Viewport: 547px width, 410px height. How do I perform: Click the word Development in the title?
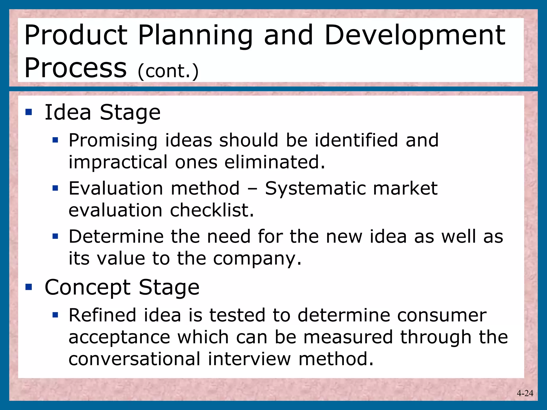point(415,36)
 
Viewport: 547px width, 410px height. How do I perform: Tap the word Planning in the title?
point(195,36)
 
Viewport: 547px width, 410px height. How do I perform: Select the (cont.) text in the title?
point(168,71)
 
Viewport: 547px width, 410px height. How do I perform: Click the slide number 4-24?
point(525,393)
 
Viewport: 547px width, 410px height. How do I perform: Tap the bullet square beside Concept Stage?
point(29,287)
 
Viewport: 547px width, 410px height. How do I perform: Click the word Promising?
point(113,140)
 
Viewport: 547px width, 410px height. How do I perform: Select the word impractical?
point(118,162)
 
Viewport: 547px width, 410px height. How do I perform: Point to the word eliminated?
point(275,162)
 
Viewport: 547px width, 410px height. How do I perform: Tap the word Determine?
point(116,236)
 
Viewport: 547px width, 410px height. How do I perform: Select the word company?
point(257,259)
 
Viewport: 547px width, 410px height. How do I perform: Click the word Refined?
point(102,315)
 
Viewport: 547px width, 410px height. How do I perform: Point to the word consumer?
point(441,316)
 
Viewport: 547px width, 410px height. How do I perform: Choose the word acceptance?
point(119,337)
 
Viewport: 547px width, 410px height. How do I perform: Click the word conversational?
point(134,359)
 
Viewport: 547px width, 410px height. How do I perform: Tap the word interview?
point(249,359)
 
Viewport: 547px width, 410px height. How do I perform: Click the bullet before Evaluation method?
point(55,188)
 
